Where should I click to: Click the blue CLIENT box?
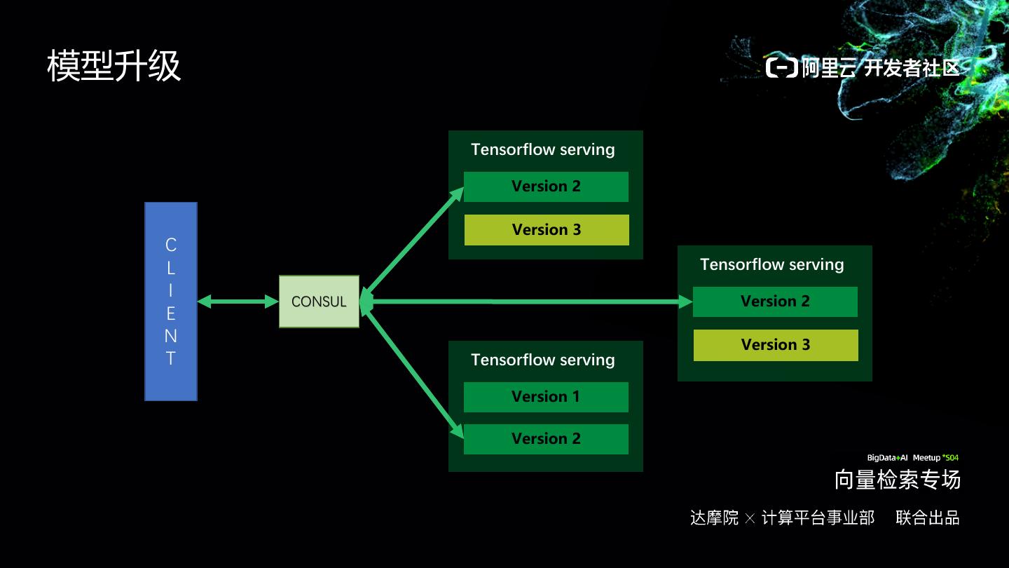coord(171,302)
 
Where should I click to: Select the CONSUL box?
coord(319,302)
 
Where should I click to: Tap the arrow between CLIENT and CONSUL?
coord(238,302)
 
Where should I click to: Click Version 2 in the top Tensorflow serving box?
coord(546,187)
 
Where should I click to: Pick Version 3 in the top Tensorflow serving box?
coord(547,230)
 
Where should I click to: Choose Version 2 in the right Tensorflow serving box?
coord(775,302)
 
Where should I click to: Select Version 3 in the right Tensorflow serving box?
coord(776,345)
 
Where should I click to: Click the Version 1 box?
coord(546,397)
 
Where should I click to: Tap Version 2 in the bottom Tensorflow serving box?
coord(546,439)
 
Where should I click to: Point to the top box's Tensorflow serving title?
coord(543,149)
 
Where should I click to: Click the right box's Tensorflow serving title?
coord(771,264)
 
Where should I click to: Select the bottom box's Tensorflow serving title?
coord(543,360)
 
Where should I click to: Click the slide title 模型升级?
coord(114,67)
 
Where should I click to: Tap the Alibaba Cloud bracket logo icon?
coord(781,67)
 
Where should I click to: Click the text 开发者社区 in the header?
coord(911,68)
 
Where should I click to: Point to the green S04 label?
coord(951,458)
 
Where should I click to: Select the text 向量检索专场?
coord(897,480)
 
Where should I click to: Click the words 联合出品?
coord(928,518)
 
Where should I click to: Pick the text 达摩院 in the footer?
coord(714,518)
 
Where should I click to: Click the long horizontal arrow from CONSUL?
coord(526,302)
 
